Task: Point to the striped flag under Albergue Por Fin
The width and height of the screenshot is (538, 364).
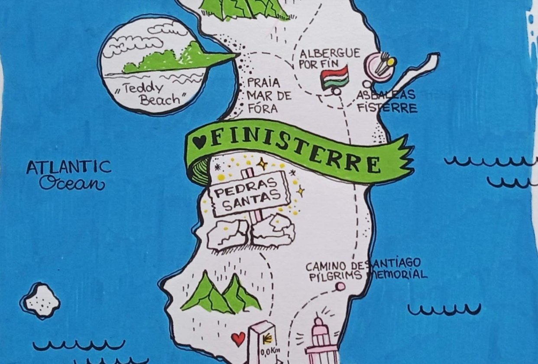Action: (x=334, y=77)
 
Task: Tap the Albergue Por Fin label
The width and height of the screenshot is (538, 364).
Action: (x=330, y=59)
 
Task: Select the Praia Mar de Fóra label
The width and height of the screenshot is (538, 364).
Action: (x=264, y=95)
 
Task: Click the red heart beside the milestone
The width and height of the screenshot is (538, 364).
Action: (x=238, y=338)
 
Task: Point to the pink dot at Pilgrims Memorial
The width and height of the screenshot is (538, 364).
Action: (x=341, y=286)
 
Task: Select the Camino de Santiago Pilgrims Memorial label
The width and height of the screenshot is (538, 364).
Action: (x=366, y=269)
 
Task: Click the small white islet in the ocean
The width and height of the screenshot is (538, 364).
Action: (x=42, y=300)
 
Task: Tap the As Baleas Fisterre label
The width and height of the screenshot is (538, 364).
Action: (x=387, y=101)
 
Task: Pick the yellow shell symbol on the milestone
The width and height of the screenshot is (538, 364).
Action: (x=267, y=338)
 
